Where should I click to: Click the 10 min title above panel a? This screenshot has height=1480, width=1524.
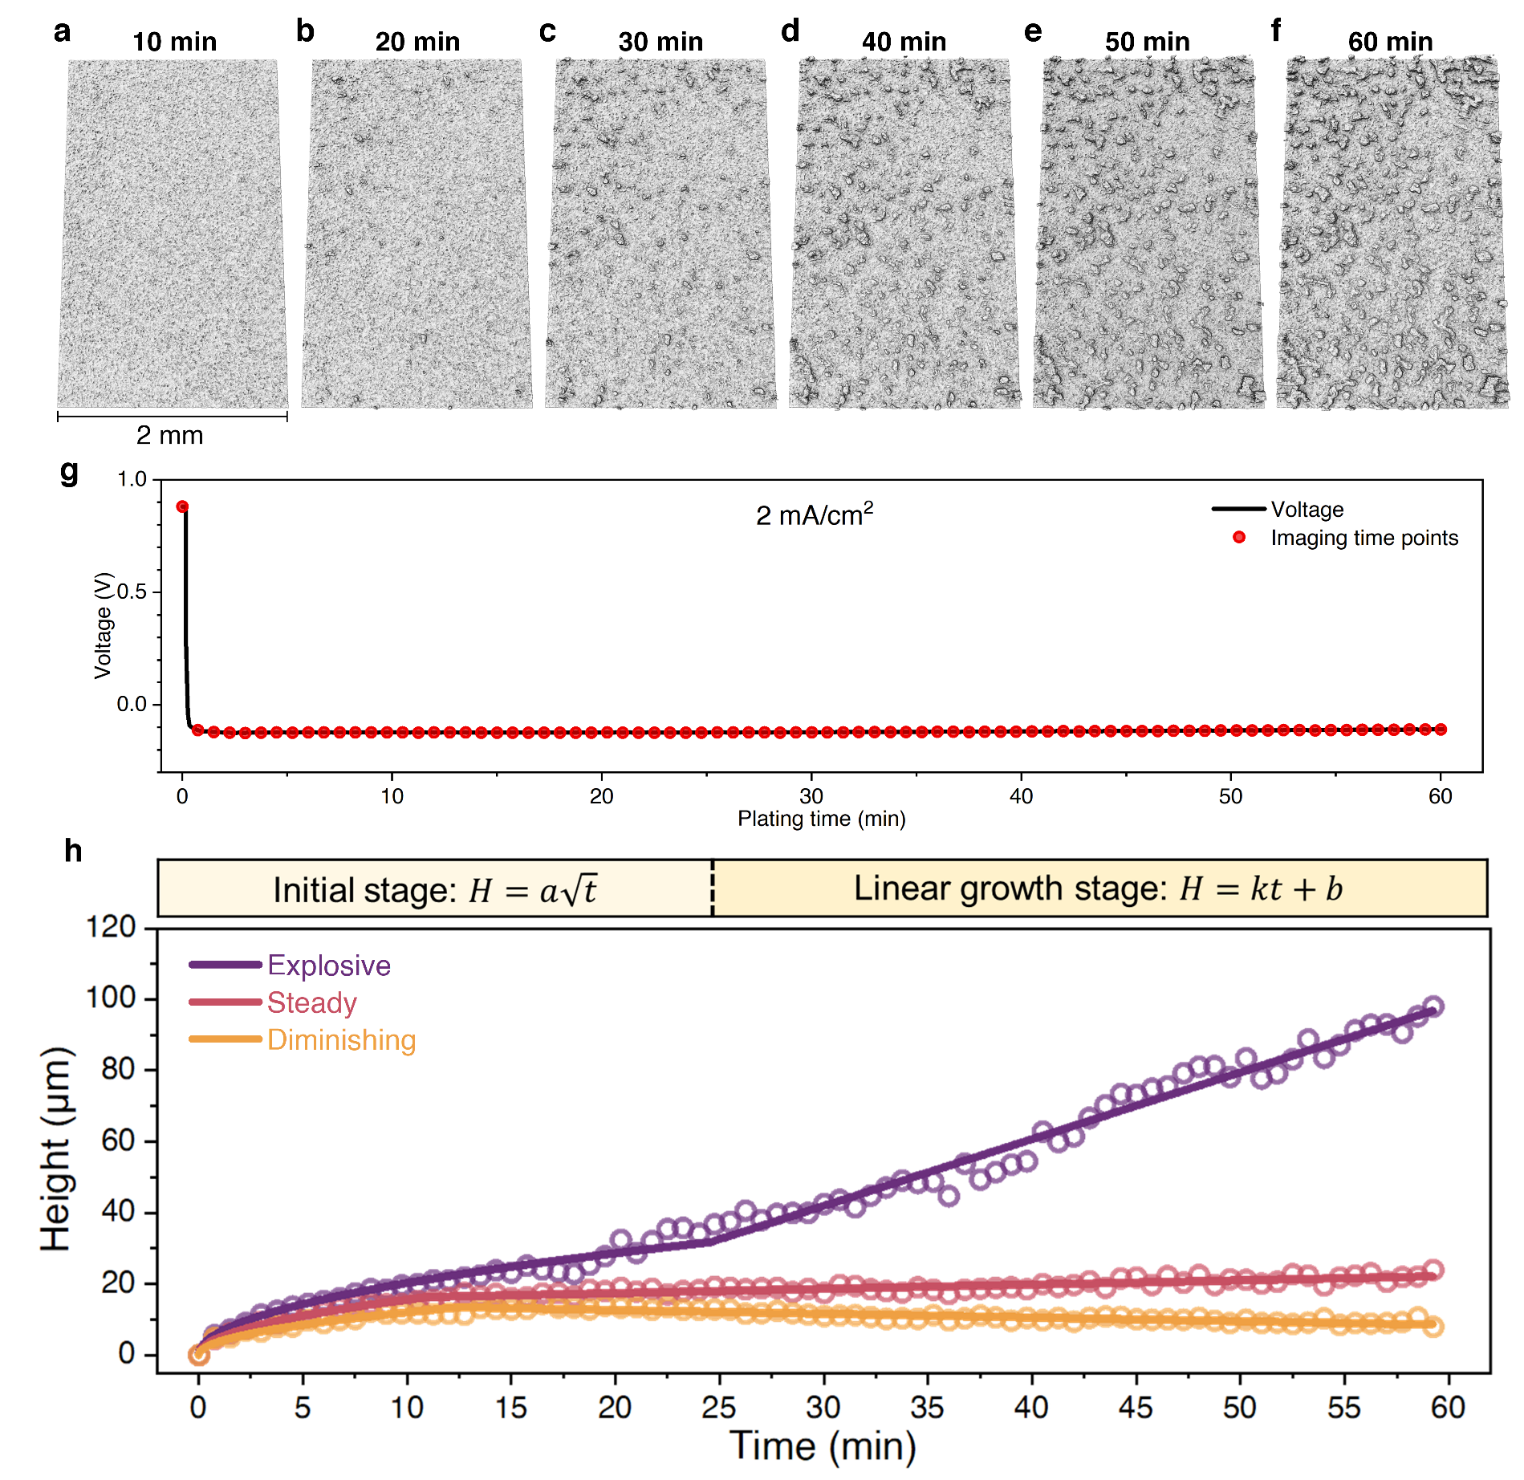pos(174,42)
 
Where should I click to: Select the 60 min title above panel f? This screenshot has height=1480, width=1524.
pos(1390,42)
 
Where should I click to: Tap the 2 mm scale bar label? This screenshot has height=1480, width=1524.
pos(169,436)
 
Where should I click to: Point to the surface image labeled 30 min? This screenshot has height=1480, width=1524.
pos(660,233)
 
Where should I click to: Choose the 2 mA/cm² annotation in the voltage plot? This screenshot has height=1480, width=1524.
pos(814,514)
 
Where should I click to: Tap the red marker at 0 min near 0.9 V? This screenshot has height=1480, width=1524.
pos(182,506)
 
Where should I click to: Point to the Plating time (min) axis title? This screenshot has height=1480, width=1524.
pos(821,819)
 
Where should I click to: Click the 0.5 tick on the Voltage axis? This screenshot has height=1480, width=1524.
pos(132,592)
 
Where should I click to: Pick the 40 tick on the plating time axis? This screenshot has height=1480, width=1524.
pos(1021,796)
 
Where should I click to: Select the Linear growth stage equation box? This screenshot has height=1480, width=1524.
pos(1098,888)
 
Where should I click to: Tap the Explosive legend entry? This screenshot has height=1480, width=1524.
pos(328,966)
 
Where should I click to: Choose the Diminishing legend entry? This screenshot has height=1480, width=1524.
pos(341,1040)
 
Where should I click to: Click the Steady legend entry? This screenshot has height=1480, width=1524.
pos(311,1003)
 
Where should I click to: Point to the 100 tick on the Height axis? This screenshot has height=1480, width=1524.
pos(111,998)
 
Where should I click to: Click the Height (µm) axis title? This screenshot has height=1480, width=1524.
pos(56,1149)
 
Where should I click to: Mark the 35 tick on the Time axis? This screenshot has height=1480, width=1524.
pos(927,1407)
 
